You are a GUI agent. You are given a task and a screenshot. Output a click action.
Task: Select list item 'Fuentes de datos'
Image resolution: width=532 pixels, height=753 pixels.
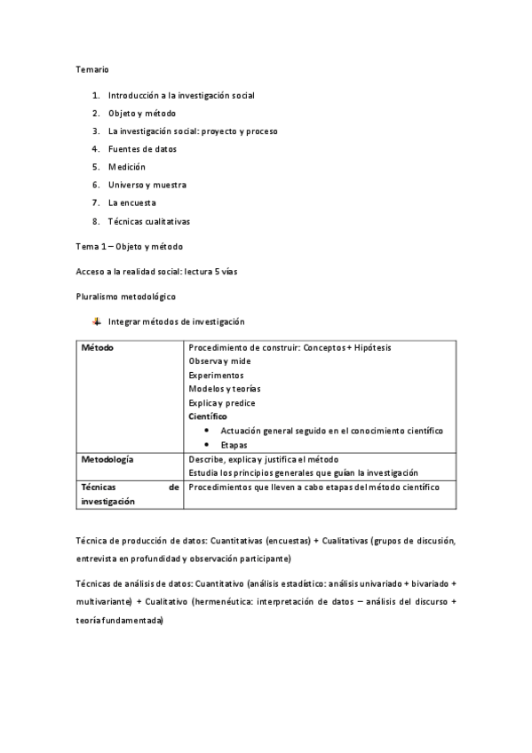(142, 149)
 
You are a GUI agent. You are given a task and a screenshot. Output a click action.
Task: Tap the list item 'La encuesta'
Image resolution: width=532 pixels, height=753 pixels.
(131, 202)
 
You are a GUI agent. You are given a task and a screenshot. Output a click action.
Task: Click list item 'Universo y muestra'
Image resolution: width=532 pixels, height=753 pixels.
(147, 185)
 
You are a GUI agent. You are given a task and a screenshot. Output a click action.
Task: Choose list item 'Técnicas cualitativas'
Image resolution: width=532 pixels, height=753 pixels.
(149, 221)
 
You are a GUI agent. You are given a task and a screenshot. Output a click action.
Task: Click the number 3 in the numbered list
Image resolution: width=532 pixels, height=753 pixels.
(95, 131)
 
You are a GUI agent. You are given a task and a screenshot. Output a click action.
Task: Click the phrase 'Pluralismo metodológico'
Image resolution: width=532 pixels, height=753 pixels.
(125, 296)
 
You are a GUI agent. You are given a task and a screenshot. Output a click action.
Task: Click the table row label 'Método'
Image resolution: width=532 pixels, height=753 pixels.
(97, 348)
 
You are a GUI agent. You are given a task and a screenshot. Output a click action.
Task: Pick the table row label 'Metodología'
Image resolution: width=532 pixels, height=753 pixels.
(107, 459)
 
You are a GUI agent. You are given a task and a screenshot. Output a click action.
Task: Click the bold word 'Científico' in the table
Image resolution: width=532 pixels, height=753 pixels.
(208, 416)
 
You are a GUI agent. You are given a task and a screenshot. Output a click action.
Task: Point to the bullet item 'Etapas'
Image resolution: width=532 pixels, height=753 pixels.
(234, 445)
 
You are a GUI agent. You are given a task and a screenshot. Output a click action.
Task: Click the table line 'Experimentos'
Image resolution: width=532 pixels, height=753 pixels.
(216, 375)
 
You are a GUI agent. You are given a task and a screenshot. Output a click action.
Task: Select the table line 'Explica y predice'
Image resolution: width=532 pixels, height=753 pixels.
(222, 403)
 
